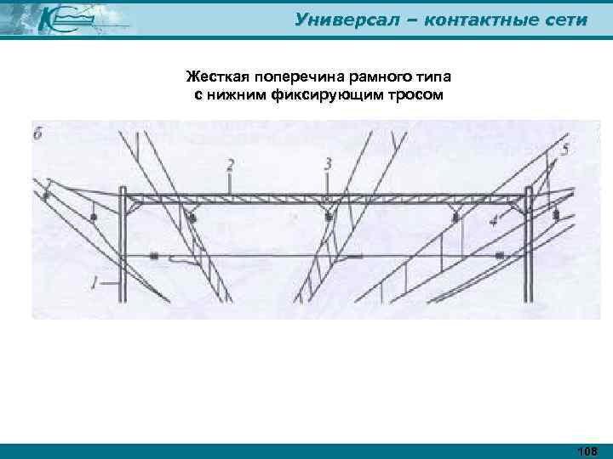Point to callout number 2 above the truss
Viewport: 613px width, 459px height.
(229, 164)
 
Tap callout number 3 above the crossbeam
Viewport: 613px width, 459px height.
(329, 163)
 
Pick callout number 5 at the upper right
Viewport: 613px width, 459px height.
(564, 151)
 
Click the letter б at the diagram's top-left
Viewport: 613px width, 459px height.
(39, 133)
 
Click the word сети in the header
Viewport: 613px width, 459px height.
(563, 19)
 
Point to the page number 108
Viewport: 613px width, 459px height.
(587, 450)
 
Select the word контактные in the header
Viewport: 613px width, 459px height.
(470, 19)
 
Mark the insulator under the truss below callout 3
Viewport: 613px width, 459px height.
(329, 218)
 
